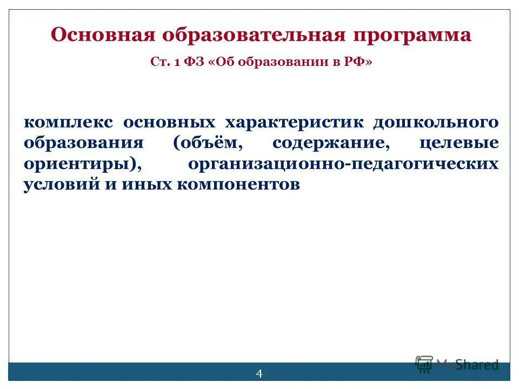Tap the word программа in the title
(x=412, y=36)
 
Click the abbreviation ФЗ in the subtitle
(x=195, y=63)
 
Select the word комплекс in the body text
(x=68, y=122)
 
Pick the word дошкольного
(x=436, y=123)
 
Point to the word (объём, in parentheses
(x=206, y=144)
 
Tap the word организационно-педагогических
(x=343, y=164)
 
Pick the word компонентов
(x=237, y=185)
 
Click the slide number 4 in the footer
(x=259, y=374)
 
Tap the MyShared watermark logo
(x=457, y=364)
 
